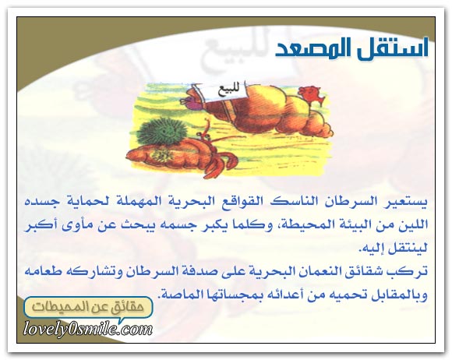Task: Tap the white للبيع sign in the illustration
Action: [x=225, y=92]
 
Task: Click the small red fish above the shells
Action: [x=312, y=94]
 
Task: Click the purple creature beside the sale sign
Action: [x=189, y=102]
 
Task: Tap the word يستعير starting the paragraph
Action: [x=403, y=201]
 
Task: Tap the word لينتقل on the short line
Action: [x=405, y=248]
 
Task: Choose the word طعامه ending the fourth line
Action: [x=43, y=271]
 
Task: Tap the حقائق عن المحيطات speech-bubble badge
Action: [x=88, y=307]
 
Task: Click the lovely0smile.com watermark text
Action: [x=88, y=329]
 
